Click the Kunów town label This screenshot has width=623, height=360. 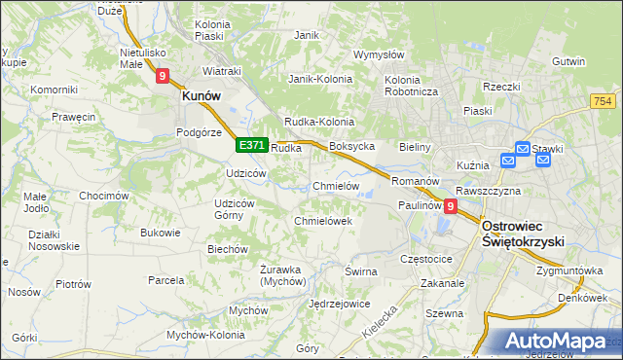click(x=202, y=96)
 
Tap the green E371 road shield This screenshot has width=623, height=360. click(x=251, y=145)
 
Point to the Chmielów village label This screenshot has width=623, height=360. click(x=337, y=186)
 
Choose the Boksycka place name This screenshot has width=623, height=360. click(x=352, y=146)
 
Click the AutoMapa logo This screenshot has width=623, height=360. click(x=561, y=341)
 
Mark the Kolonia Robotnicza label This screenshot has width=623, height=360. click(x=412, y=85)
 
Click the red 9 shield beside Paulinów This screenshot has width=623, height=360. click(x=450, y=206)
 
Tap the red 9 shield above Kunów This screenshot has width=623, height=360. click(x=163, y=74)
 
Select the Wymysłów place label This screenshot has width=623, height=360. click(x=379, y=54)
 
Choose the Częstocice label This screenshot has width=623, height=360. click(x=426, y=260)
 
